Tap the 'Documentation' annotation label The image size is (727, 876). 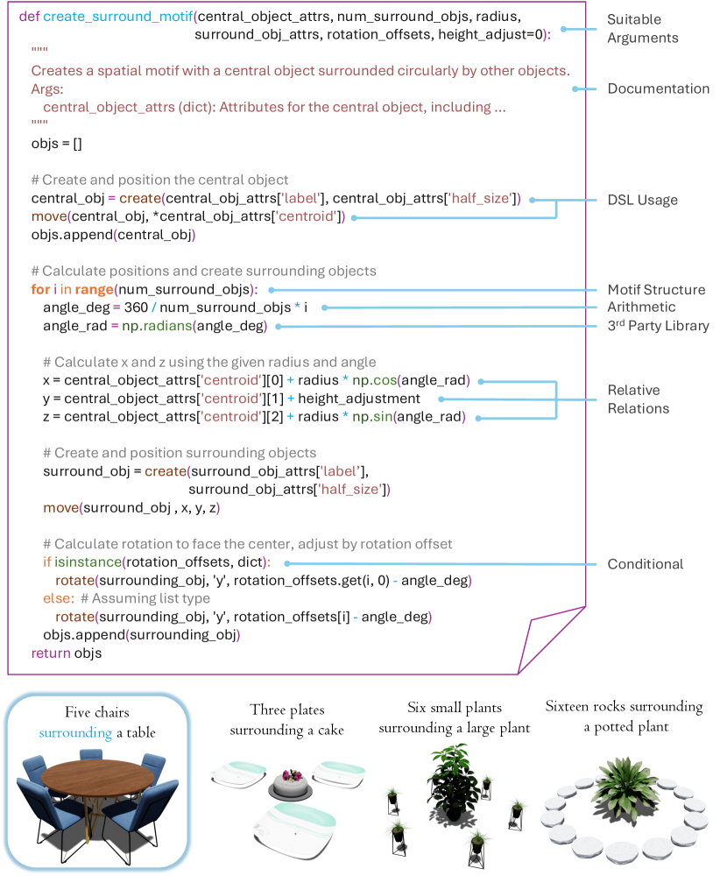pyautogui.click(x=658, y=88)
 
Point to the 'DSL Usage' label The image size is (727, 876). pyautogui.click(x=642, y=200)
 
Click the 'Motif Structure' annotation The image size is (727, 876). pyautogui.click(x=656, y=290)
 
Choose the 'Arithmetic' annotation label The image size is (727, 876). pyautogui.click(x=641, y=307)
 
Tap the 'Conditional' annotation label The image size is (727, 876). pyautogui.click(x=645, y=563)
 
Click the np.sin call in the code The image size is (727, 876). pyautogui.click(x=371, y=417)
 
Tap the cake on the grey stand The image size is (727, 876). pyautogui.click(x=290, y=781)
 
